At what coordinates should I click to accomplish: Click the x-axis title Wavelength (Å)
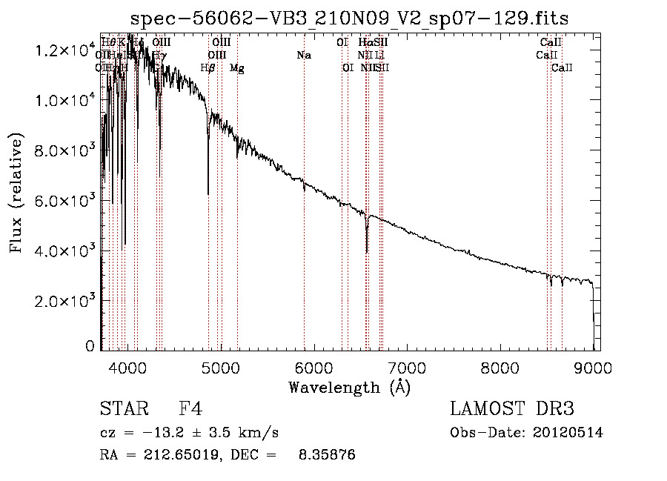click(x=349, y=387)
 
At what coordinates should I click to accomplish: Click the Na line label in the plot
click(x=303, y=55)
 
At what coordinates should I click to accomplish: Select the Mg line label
click(x=237, y=68)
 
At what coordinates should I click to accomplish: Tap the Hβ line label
click(x=208, y=68)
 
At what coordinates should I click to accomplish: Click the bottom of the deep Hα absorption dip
click(x=367, y=252)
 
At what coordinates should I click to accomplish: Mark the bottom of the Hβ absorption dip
click(x=208, y=194)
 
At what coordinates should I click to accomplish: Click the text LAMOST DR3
click(x=511, y=409)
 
